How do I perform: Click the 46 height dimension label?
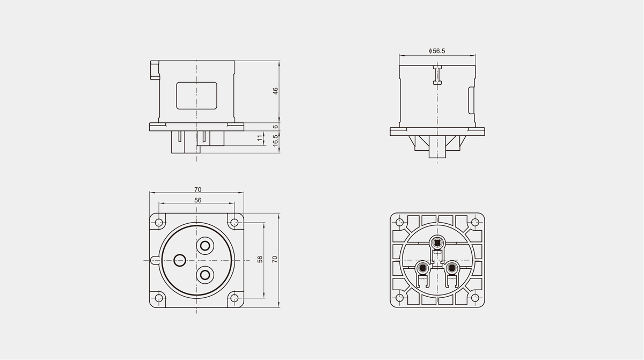tap(275, 91)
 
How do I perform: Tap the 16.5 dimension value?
tap(275, 141)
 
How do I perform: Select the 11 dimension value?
tap(260, 138)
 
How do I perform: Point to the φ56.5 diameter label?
tap(437, 51)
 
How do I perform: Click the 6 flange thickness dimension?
tap(275, 127)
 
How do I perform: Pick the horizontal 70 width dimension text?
tap(198, 189)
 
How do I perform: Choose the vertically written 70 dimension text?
tap(275, 259)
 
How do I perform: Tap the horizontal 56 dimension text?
tap(198, 200)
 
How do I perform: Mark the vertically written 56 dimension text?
tap(260, 259)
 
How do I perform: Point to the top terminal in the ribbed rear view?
tap(437, 244)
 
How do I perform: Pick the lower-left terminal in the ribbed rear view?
tap(422, 268)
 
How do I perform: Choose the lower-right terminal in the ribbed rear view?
tap(452, 268)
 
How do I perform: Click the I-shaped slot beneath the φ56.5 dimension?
tap(437, 75)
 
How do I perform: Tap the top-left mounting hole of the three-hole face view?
tap(159, 222)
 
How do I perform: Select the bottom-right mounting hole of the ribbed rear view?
tap(475, 298)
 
